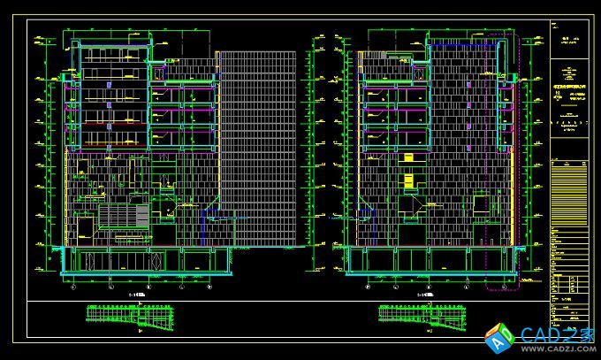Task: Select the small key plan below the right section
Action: [x=415, y=314]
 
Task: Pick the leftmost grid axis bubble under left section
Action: [x=73, y=286]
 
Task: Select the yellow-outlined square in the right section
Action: [x=481, y=204]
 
